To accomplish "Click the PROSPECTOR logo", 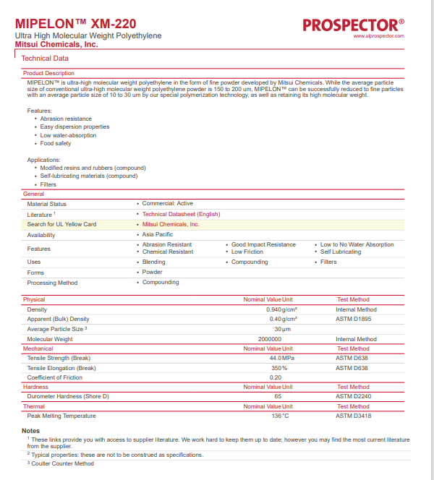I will tap(353, 25).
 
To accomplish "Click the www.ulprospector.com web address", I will tap(379, 35).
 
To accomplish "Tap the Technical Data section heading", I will tap(46, 58).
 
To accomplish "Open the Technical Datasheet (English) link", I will tap(181, 214).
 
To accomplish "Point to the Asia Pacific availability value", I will tap(157, 235).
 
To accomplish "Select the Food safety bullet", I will tap(56, 143).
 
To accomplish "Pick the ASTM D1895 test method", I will tap(353, 319).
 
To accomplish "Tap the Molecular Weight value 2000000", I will tap(269, 339).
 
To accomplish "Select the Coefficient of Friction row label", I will tap(55, 377).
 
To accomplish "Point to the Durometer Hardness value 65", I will tap(278, 396).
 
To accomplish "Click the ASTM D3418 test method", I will tap(353, 416).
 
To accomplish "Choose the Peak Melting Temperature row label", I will tap(61, 416).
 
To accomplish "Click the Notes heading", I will tap(31, 431).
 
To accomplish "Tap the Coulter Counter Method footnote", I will tap(62, 463).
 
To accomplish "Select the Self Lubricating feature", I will tap(341, 252).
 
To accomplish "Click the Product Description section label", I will tap(48, 73).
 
